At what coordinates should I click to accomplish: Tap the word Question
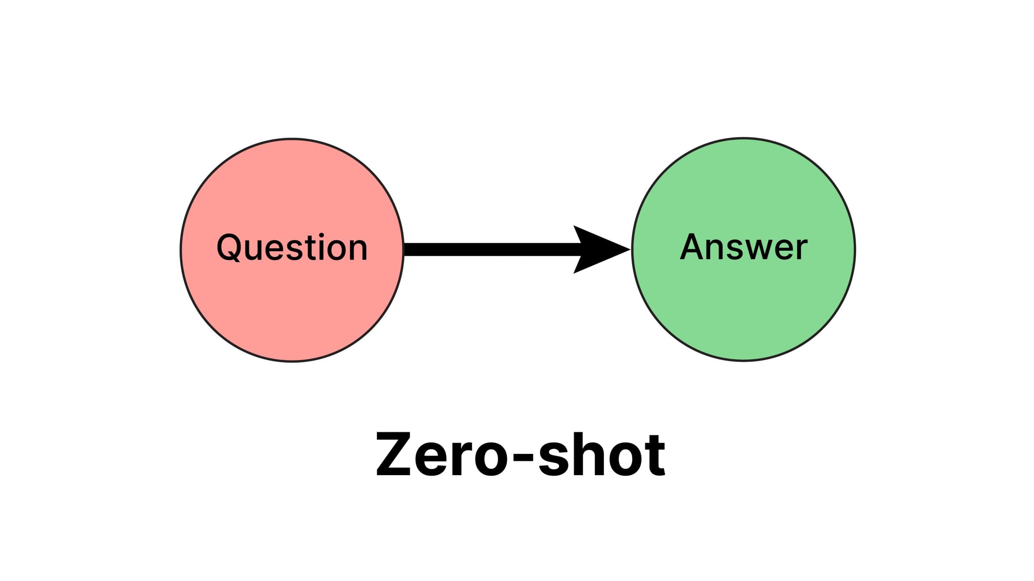[x=292, y=248]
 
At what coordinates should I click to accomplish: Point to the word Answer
[x=743, y=247]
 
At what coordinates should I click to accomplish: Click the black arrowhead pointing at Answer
[x=598, y=250]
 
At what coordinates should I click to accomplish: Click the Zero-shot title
[x=520, y=455]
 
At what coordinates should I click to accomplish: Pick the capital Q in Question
[x=229, y=248]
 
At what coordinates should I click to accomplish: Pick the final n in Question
[x=357, y=250]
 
